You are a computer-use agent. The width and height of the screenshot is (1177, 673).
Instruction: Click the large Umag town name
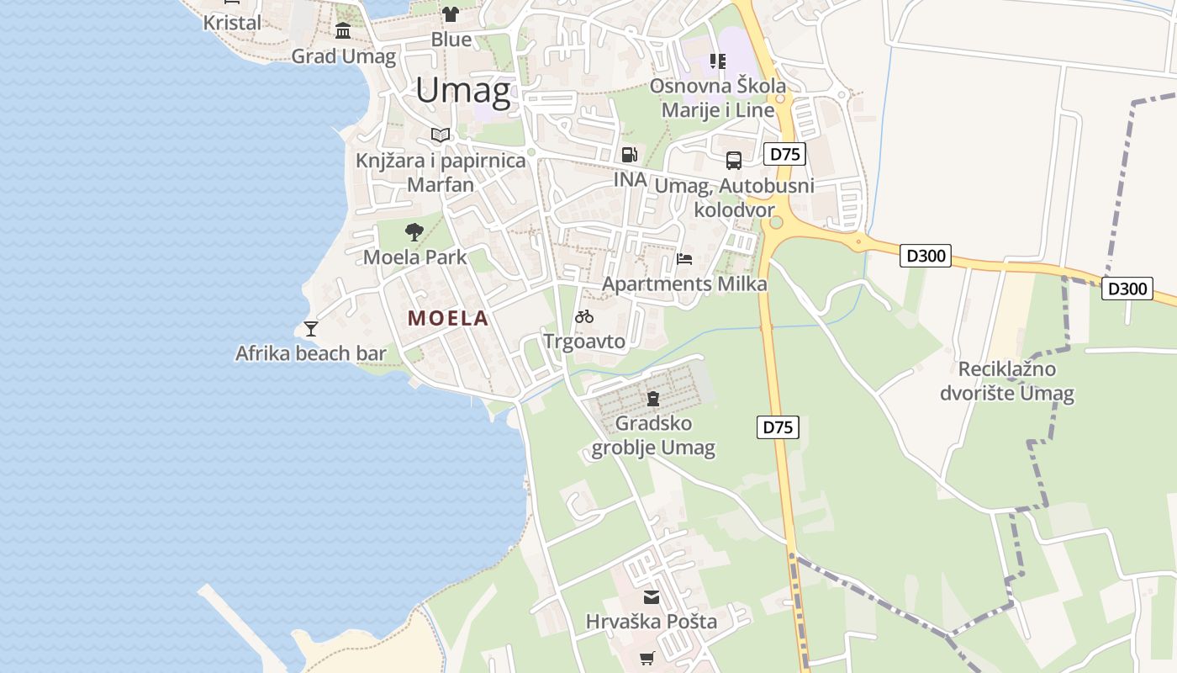pos(462,90)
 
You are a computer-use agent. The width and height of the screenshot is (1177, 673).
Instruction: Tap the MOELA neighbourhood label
pos(448,318)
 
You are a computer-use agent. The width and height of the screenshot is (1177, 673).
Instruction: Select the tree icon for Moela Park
pos(414,232)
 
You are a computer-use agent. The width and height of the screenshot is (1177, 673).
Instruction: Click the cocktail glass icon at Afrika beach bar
pos(311,328)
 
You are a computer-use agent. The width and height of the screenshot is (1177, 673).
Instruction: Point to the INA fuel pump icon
pos(629,155)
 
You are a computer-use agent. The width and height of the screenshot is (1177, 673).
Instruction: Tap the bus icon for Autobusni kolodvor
pos(733,160)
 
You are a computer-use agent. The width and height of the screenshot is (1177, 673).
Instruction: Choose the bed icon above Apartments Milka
pos(684,258)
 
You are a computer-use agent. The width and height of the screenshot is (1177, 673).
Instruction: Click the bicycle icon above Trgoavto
pos(584,316)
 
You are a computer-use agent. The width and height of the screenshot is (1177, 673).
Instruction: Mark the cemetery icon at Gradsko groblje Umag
pos(653,398)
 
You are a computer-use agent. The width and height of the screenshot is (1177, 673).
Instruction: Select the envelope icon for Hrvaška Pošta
pos(652,597)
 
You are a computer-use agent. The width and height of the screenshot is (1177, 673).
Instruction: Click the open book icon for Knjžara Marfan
pos(441,135)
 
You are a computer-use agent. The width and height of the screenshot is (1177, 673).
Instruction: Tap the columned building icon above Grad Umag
pos(343,32)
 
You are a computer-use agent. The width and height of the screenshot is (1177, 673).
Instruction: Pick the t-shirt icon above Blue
pos(451,14)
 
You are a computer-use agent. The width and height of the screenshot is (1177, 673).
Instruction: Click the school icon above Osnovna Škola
pos(717,61)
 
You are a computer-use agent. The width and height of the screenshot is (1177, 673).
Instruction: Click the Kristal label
pos(232,23)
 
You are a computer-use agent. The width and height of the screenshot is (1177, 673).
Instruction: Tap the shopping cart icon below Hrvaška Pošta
pos(647,658)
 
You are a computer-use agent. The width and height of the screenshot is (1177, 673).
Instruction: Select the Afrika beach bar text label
pos(311,353)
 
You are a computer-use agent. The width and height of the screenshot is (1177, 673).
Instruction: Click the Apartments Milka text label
pos(684,284)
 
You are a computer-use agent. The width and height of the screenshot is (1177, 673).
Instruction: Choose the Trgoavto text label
pos(584,342)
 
